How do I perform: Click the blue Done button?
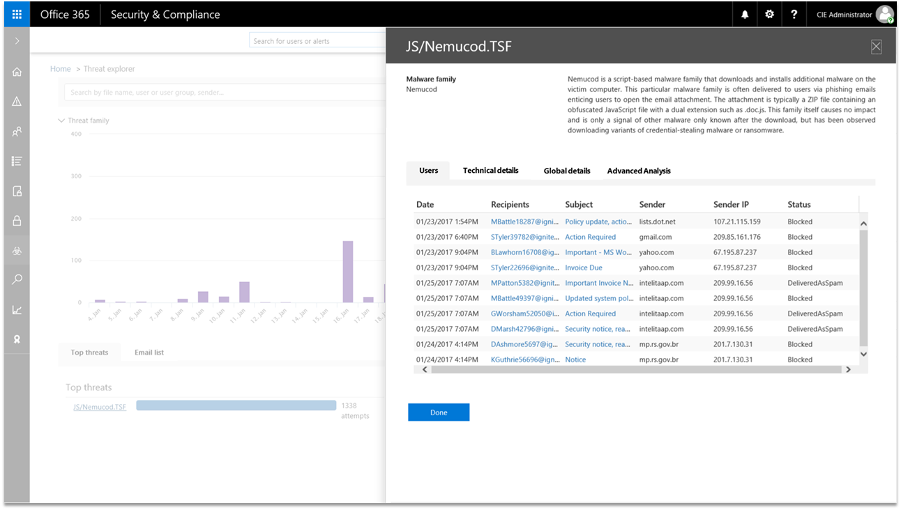[439, 412]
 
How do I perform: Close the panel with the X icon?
[877, 47]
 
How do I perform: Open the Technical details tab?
[490, 171]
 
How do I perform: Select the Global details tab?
[567, 171]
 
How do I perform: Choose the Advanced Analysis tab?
[639, 171]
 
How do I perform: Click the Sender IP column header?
[731, 205]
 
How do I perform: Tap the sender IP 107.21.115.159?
[736, 222]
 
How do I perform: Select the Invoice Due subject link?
[584, 268]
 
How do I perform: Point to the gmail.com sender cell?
[656, 237]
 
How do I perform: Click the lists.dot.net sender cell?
[657, 222]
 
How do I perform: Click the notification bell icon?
[745, 15]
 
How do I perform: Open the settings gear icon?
[769, 15]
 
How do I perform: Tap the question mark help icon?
[794, 15]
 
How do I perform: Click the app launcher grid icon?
[17, 15]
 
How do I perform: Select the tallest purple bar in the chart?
[347, 272]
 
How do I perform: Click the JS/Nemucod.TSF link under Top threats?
[100, 407]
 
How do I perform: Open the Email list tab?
[149, 353]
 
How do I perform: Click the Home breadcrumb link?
[61, 69]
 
